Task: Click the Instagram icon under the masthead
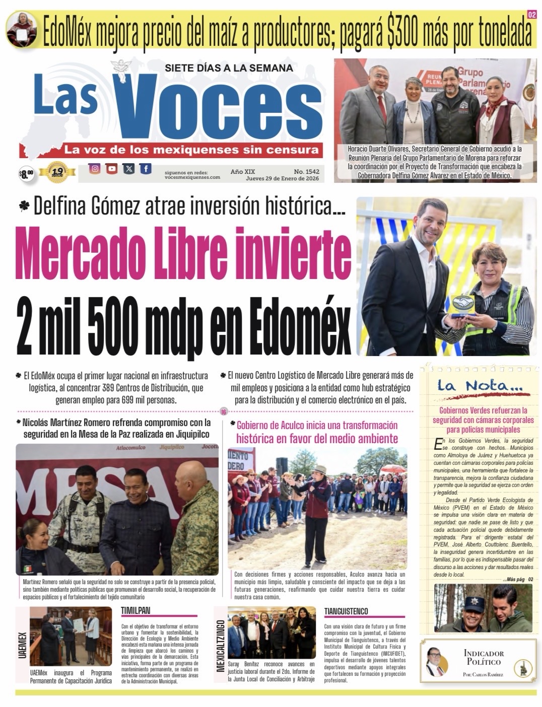pos(95,169)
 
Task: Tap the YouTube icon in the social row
pos(112,169)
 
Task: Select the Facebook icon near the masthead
pos(146,169)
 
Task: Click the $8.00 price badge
pos(26,175)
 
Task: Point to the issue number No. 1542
pos(306,172)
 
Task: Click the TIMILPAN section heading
pos(135,611)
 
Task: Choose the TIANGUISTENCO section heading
pos(346,611)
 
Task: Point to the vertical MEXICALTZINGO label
pos(220,639)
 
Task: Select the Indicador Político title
pos(483,657)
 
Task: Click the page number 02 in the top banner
pos(531,15)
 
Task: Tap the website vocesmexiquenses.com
pos(192,177)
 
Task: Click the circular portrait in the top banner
pos(22,28)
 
